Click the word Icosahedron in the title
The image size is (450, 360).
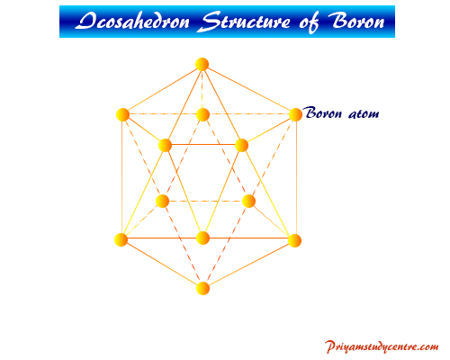point(132,22)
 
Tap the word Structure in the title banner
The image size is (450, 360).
point(246,22)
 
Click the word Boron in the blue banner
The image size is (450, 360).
point(356,21)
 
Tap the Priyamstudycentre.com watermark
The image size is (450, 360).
point(382,346)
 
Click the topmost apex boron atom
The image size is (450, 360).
point(202,64)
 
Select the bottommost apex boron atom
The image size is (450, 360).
point(202,288)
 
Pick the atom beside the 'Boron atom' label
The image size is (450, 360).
point(295,114)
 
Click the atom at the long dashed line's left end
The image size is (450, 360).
point(122,114)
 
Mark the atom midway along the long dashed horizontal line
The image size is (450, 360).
point(202,114)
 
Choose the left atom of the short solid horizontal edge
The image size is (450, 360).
point(165,146)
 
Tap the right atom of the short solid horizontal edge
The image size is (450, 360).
point(241,146)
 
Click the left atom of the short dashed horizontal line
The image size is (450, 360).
point(163,201)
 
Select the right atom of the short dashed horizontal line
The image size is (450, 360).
point(248,201)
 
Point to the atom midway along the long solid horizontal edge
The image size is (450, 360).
point(202,238)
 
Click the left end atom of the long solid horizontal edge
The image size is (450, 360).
point(121,239)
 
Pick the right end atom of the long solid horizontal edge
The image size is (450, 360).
point(294,240)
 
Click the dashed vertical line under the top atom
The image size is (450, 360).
point(202,89)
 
